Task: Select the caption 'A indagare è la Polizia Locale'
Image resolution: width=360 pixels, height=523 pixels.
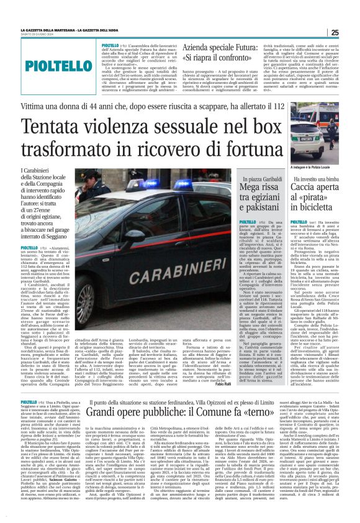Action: click(x=315, y=169)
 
